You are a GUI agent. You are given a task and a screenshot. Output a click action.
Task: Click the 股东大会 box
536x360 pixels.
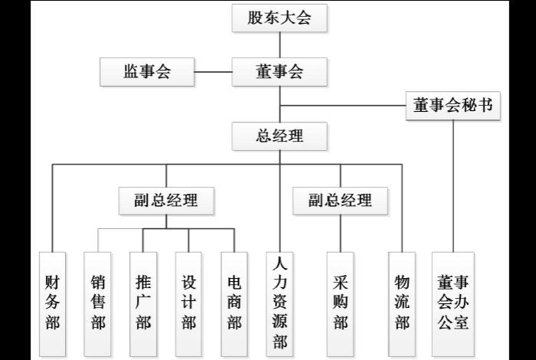click(x=279, y=18)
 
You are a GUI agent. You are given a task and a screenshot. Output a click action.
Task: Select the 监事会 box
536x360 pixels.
click(x=146, y=72)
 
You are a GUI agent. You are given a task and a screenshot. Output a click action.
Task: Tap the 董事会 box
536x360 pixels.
click(x=279, y=72)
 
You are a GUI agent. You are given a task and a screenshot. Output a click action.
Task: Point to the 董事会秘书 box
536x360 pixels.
click(x=453, y=106)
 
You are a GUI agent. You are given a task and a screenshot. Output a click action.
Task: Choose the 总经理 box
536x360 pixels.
click(x=279, y=137)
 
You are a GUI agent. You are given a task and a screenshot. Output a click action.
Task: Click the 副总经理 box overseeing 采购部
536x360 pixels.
click(x=340, y=201)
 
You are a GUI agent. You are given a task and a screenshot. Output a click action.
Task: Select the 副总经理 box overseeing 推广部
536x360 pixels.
click(x=166, y=201)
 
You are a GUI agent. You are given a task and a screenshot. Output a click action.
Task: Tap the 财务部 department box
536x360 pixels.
click(x=52, y=303)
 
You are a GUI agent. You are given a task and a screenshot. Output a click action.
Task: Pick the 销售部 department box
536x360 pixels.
click(x=98, y=303)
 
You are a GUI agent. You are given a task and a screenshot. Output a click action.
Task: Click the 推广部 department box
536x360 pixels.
click(x=143, y=303)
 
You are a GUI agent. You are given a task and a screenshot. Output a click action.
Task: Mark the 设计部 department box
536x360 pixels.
click(x=188, y=303)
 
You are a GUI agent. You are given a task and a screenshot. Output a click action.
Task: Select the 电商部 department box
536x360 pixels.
click(x=234, y=303)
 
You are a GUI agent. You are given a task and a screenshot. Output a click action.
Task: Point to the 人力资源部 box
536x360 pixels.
click(x=279, y=303)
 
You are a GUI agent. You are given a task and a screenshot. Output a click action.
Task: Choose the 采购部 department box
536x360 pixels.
click(x=340, y=303)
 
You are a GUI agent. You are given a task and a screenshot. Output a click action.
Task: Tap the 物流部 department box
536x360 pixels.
click(x=401, y=303)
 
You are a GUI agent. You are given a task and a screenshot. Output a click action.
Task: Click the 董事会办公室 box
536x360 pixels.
click(x=453, y=303)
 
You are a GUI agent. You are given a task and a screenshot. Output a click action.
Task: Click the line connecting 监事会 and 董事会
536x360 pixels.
click(x=212, y=72)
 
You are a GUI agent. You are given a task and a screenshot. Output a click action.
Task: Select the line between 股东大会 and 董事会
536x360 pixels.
click(x=279, y=45)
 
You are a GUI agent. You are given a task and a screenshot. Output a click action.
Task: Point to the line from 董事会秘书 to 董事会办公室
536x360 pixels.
click(x=453, y=184)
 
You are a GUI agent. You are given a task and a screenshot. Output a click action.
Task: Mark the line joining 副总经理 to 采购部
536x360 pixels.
click(x=340, y=233)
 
